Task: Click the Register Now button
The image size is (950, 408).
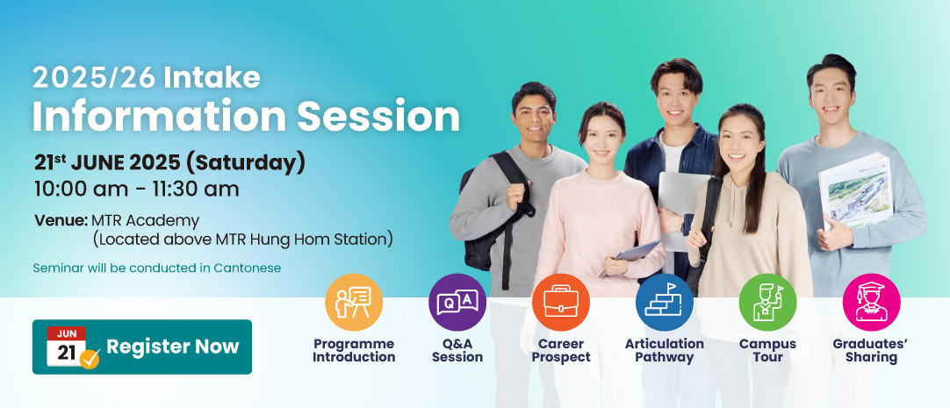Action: (141, 347)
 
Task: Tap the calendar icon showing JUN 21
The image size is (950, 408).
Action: (68, 347)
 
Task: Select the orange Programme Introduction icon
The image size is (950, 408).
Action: (354, 303)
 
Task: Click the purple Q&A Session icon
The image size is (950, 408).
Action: (457, 303)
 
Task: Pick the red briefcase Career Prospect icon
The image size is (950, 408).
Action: (561, 303)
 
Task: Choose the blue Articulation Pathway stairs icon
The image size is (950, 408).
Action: (665, 303)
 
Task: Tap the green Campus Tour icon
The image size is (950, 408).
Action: (767, 303)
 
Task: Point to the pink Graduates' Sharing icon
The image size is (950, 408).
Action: (871, 303)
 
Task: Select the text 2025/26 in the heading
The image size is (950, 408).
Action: (94, 77)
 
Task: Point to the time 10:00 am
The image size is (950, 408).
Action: (81, 190)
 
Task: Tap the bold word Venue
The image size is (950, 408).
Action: (61, 220)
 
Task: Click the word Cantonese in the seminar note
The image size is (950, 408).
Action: (248, 268)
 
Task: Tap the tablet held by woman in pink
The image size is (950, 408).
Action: (630, 257)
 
